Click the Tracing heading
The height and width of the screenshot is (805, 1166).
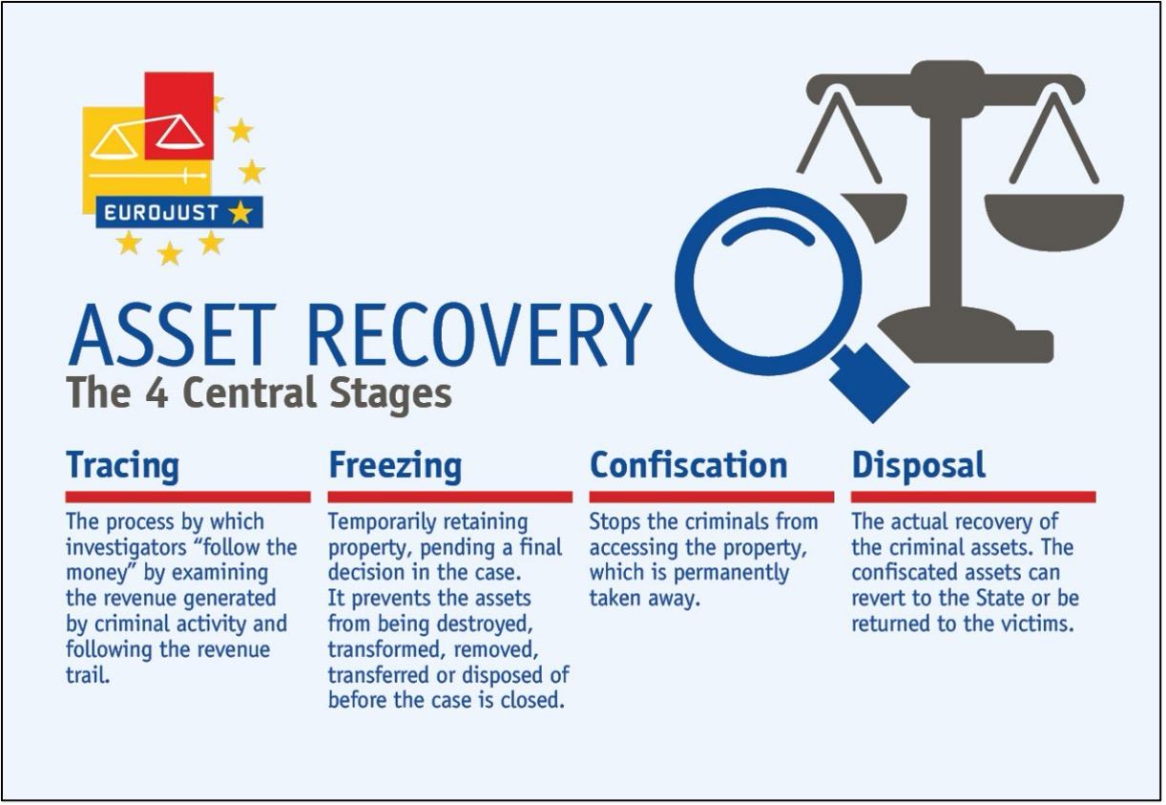pyautogui.click(x=122, y=466)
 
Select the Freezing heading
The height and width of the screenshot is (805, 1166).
pyautogui.click(x=395, y=467)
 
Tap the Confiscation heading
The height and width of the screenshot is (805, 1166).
pyautogui.click(x=688, y=465)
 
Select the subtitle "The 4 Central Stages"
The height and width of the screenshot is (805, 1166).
pyautogui.click(x=259, y=392)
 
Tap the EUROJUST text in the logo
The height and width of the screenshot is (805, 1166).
pyautogui.click(x=161, y=212)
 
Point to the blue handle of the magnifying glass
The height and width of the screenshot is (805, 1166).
pyautogui.click(x=868, y=381)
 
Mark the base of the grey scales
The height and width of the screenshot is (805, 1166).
pyautogui.click(x=964, y=339)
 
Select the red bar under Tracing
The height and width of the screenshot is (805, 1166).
pyautogui.click(x=188, y=497)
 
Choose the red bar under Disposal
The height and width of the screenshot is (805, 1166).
pyautogui.click(x=973, y=497)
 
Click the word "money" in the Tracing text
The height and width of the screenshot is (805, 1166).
pyautogui.click(x=95, y=573)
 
